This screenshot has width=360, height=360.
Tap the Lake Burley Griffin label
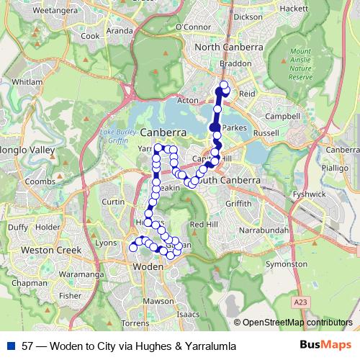[x=119, y=138]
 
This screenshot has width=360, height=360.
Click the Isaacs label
[x=188, y=315]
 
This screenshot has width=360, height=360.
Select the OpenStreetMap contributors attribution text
[x=297, y=322]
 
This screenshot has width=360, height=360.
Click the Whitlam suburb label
[x=28, y=82]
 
